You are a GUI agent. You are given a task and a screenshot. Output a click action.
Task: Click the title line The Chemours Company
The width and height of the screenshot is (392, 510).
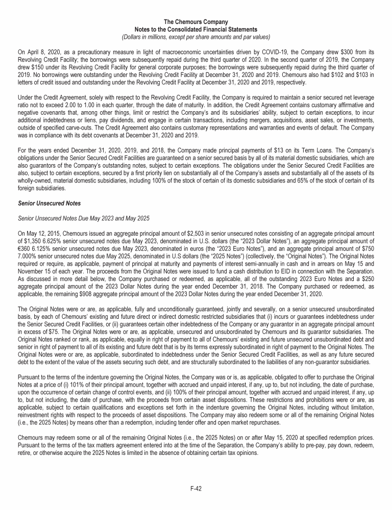[196, 22]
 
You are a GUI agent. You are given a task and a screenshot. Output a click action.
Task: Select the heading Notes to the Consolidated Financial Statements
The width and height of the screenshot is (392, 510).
[196, 30]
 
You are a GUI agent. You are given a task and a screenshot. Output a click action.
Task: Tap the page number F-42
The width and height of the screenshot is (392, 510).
[196, 488]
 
